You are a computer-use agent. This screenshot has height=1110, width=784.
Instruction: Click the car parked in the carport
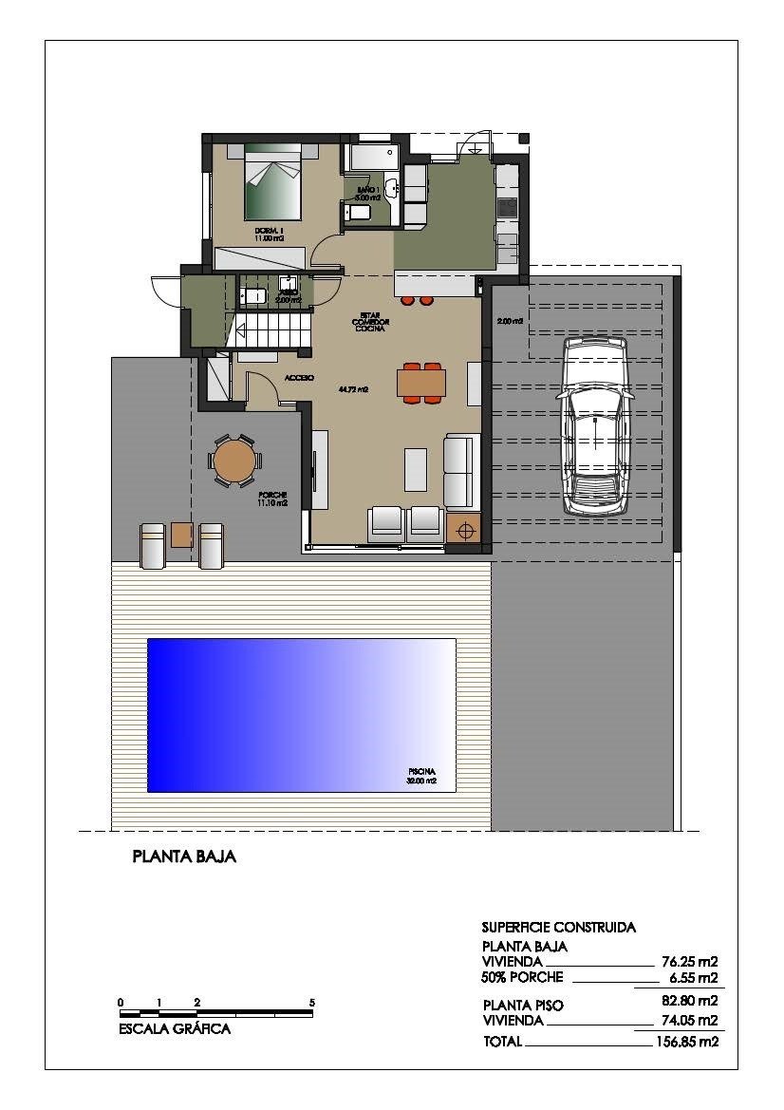[595, 424]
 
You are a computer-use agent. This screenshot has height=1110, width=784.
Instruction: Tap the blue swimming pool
[301, 715]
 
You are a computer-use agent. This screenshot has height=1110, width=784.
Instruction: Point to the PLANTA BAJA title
[184, 856]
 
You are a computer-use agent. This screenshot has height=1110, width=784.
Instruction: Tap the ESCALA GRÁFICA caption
[175, 1028]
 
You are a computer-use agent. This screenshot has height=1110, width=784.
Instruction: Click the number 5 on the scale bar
[311, 1003]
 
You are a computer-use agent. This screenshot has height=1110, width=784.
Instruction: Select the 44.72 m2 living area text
[353, 389]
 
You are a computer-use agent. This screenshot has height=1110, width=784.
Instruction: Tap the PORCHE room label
[272, 495]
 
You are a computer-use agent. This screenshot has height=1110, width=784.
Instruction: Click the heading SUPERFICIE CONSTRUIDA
[558, 927]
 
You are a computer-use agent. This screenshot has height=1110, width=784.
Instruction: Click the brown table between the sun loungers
[182, 535]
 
